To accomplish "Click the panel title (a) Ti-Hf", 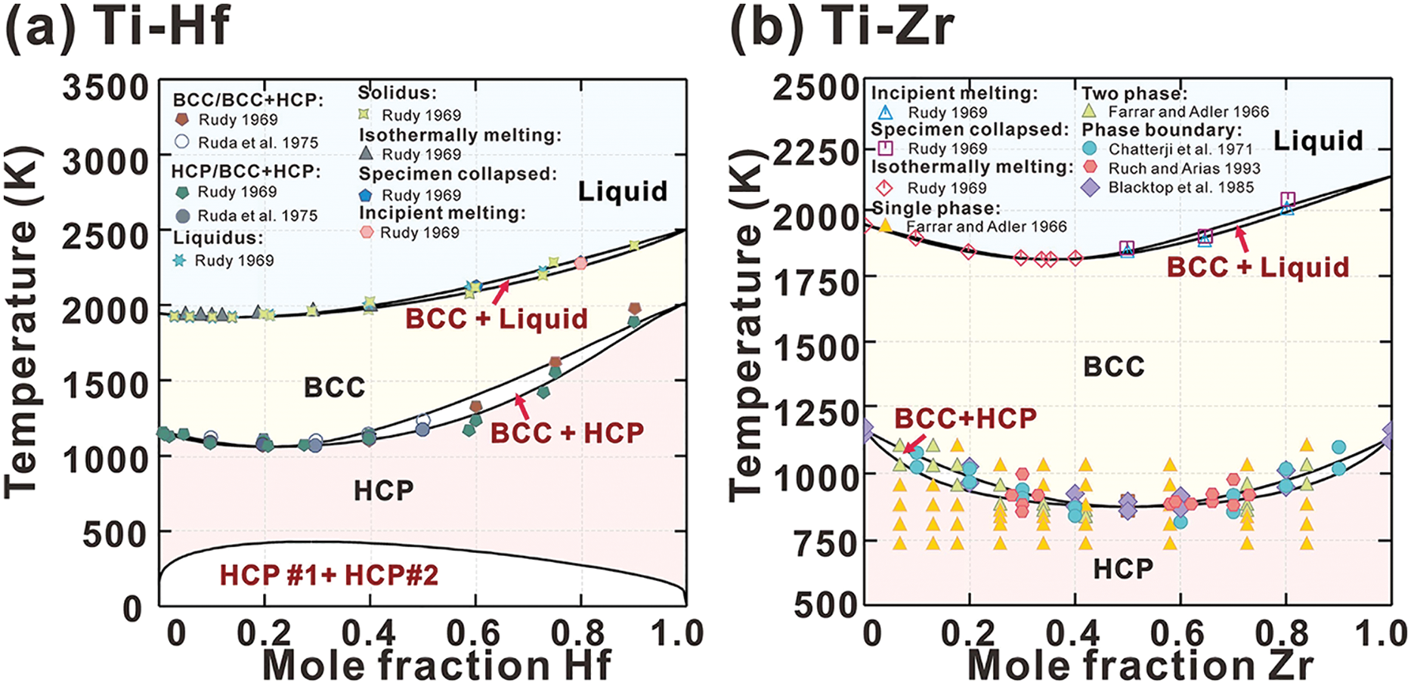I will pos(117,27).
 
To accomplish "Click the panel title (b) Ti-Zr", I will pos(841,27).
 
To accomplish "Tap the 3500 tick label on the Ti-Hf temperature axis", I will pos(106,88).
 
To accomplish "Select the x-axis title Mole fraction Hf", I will pos(436,666).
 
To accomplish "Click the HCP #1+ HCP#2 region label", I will pos(329,576).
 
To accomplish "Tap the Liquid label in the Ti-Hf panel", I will pos(623,191).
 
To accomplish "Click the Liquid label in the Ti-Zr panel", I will pos(1318,141).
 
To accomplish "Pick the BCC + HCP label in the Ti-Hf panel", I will pos(567,433).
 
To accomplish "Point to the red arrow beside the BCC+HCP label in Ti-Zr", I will pos(914,443).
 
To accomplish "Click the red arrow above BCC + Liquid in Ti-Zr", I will pos(1242,240).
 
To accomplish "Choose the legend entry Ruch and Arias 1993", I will pos(1184,168).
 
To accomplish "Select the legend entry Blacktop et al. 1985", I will pos(1180,187).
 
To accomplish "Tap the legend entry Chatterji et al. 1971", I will pos(1180,150).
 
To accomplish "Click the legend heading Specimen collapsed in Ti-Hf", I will pos(457,174).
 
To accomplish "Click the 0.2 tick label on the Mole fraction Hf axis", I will pos(264,633).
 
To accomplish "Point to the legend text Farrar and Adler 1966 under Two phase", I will pos(1188,112).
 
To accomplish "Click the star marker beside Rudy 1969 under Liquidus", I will pos(179,261).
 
